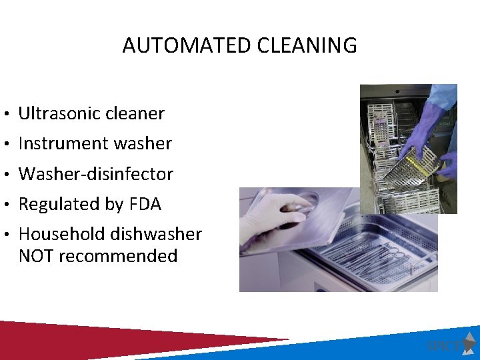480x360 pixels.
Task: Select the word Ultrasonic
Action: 55,113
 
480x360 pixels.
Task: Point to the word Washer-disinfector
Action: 96,174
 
